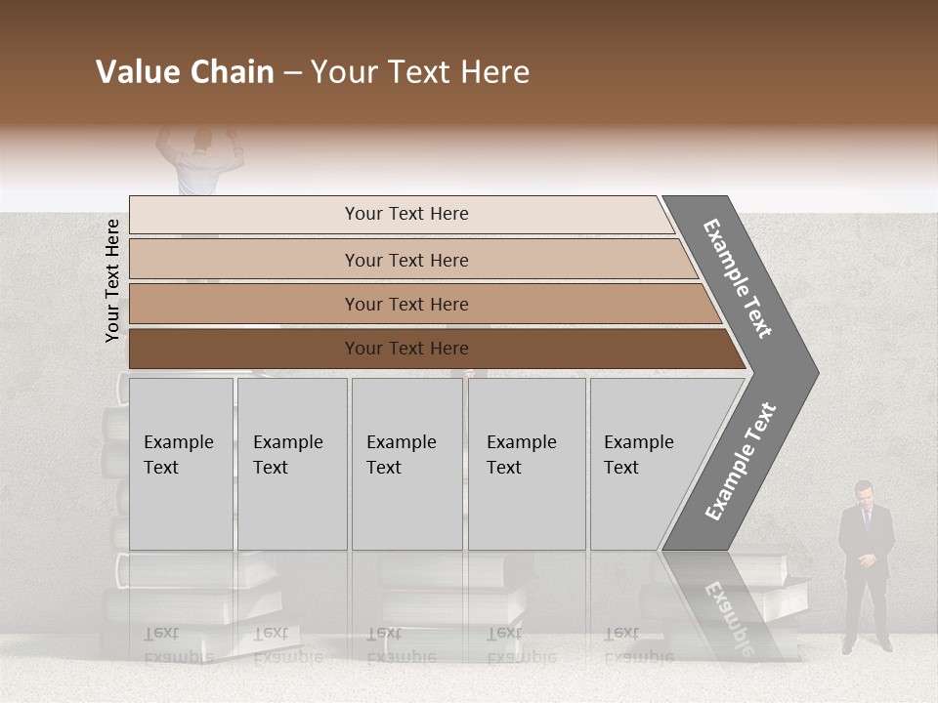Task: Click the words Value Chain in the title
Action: coord(185,72)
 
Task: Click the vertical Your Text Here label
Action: coord(112,280)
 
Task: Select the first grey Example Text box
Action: coord(181,464)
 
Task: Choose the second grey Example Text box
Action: coord(292,464)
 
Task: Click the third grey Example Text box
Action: coord(406,464)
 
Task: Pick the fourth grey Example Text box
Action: coord(527,464)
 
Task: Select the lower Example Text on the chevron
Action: coord(741,461)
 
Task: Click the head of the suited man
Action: coord(863,491)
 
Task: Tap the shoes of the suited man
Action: coord(866,644)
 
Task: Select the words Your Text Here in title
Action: coord(420,72)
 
